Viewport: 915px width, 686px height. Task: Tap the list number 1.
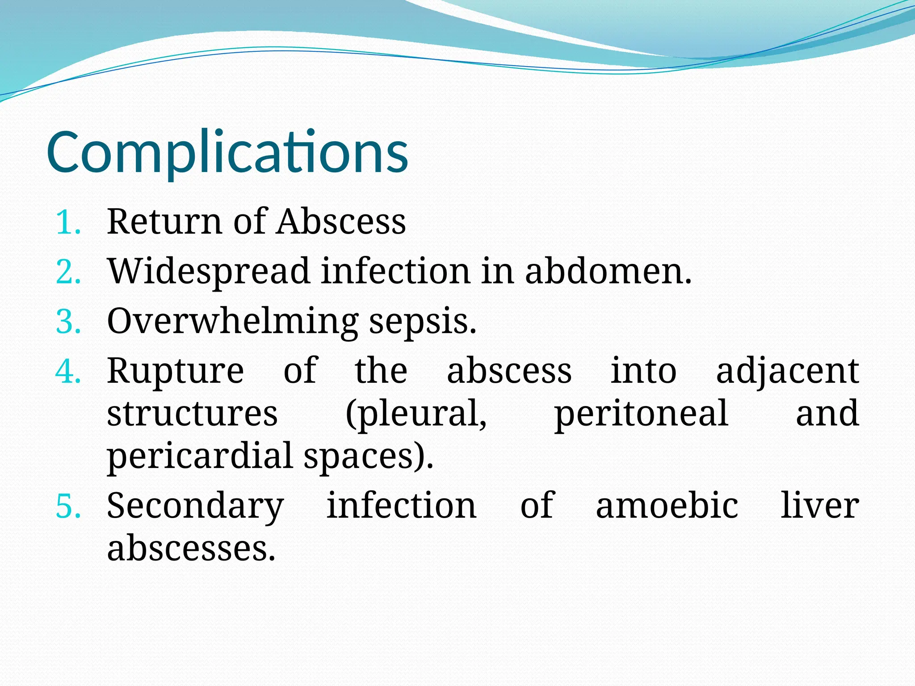68,222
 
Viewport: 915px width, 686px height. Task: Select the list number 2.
68,272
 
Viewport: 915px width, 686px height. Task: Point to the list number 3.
68,322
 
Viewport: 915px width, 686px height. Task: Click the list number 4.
68,372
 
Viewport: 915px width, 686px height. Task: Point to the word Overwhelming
232,322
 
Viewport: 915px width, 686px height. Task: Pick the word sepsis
423,322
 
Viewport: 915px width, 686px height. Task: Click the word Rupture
175,372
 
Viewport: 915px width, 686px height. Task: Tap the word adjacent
787,372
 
